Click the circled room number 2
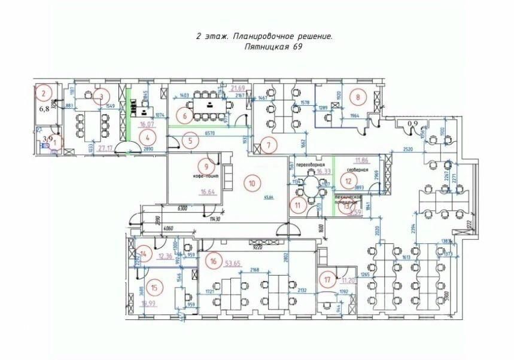(43, 93)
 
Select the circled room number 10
(252, 182)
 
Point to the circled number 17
(326, 279)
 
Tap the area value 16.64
(208, 192)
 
